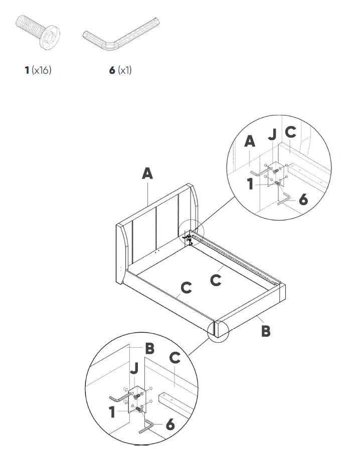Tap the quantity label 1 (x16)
point(38,70)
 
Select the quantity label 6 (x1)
point(120,70)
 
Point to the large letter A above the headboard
point(147,174)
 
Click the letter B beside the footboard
point(266,331)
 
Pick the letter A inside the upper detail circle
point(249,141)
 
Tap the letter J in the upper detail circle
point(272,135)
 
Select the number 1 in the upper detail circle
point(250,184)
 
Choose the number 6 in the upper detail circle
point(303,200)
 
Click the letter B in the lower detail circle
point(149,348)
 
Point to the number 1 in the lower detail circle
point(113,412)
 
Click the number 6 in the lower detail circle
point(170,425)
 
